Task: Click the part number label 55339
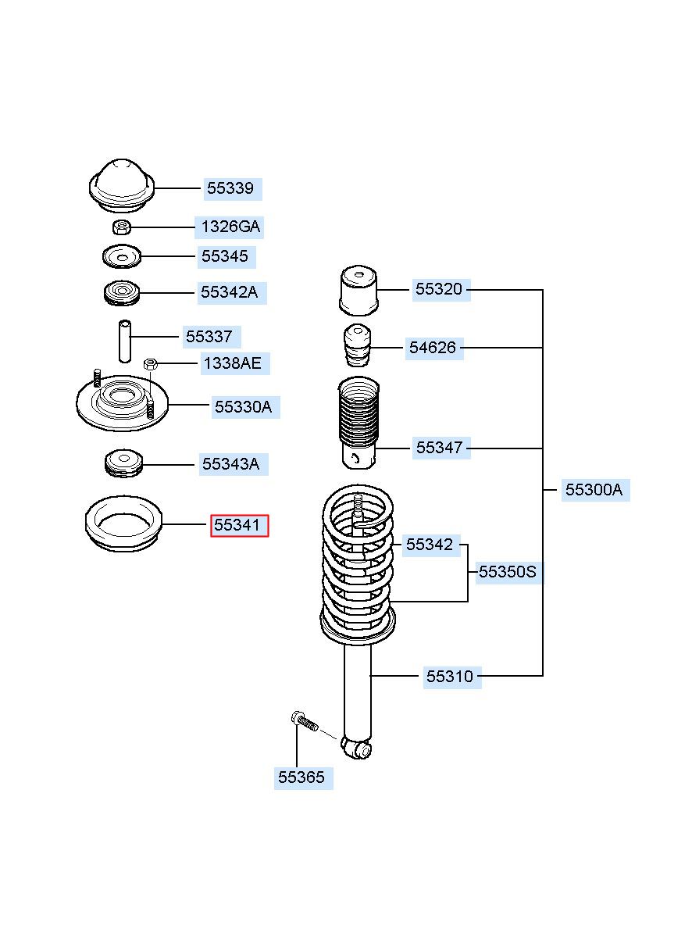230,188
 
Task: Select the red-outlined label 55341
239,526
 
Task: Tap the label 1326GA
230,227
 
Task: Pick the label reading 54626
433,348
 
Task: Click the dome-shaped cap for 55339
122,186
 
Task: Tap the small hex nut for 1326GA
122,227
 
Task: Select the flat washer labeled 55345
122,256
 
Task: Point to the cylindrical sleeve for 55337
125,341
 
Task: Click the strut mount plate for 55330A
122,405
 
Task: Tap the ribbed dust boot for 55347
358,423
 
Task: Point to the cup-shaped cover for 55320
358,291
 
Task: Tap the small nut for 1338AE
151,363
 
